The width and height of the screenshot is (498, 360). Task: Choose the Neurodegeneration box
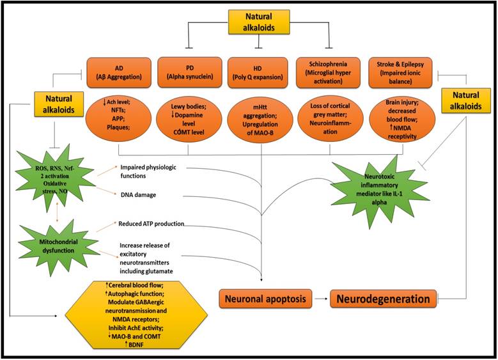(384, 299)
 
